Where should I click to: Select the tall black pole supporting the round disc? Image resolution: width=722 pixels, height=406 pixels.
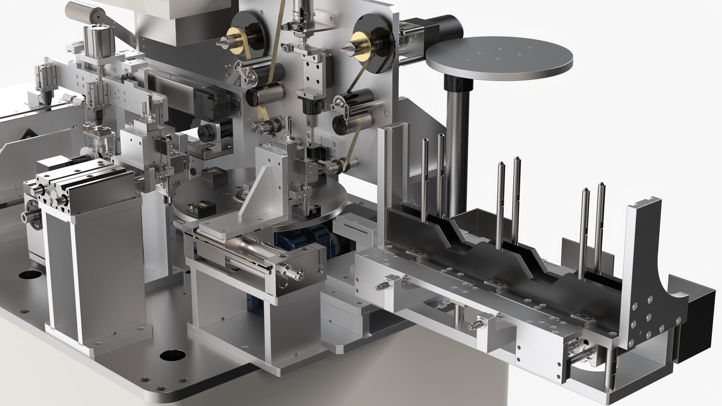[x=456, y=143]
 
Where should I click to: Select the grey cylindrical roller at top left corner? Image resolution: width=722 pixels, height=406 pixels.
[x=80, y=13]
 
